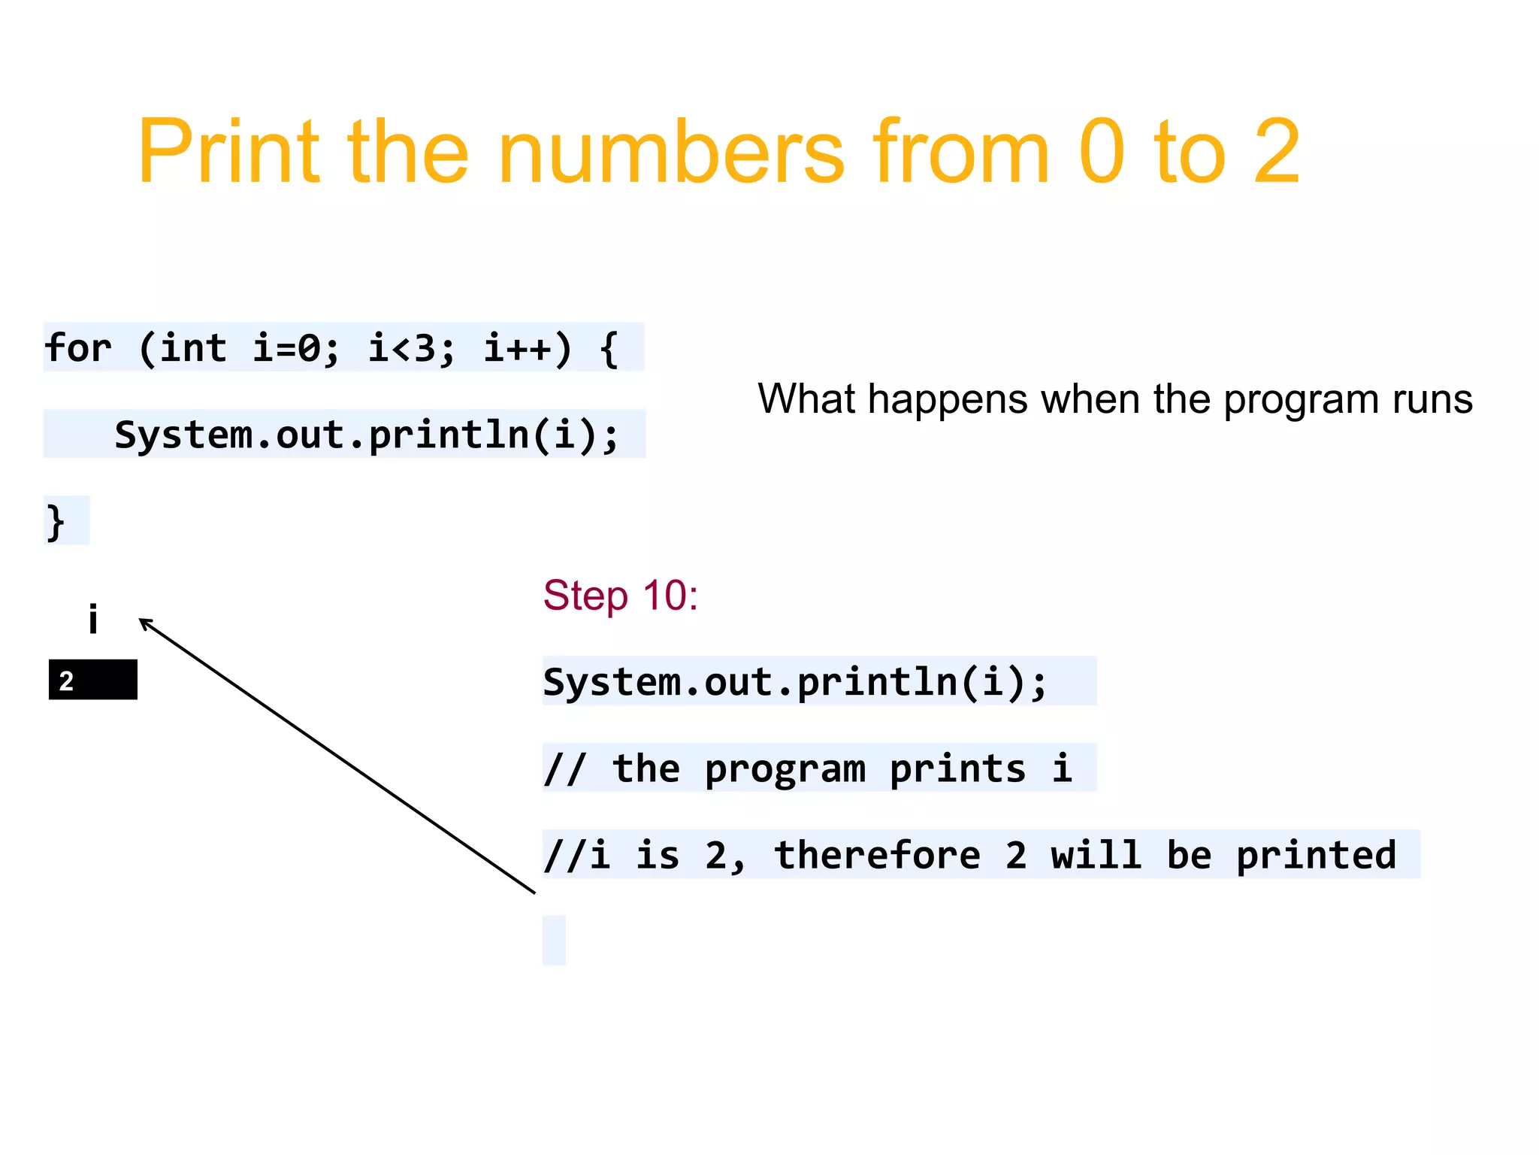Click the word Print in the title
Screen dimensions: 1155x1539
pyautogui.click(x=228, y=152)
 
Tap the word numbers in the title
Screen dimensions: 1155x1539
pyautogui.click(x=670, y=152)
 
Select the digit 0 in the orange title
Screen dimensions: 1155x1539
pyautogui.click(x=1101, y=152)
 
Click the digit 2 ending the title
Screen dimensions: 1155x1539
pyautogui.click(x=1276, y=152)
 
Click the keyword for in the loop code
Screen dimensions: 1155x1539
pyautogui.click(x=77, y=348)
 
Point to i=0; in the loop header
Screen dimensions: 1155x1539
pyautogui.click(x=295, y=348)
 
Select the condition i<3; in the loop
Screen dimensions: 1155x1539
pyautogui.click(x=411, y=348)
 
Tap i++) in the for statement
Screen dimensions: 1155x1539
pyautogui.click(x=527, y=348)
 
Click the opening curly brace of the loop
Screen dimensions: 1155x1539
pyautogui.click(x=609, y=348)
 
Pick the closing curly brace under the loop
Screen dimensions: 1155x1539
pyautogui.click(x=56, y=521)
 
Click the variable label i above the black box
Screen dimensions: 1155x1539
pyautogui.click(x=93, y=620)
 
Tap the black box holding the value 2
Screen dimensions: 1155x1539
pyautogui.click(x=93, y=680)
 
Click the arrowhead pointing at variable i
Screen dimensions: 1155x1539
pyautogui.click(x=144, y=622)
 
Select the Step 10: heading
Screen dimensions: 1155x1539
pyautogui.click(x=621, y=596)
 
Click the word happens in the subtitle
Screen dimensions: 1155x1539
pyautogui.click(x=947, y=399)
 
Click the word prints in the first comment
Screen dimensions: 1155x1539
pyautogui.click(x=957, y=768)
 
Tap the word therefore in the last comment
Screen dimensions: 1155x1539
pyautogui.click(x=877, y=855)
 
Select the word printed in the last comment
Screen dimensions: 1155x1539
pyautogui.click(x=1316, y=855)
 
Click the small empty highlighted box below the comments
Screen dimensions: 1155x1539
pyautogui.click(x=554, y=940)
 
